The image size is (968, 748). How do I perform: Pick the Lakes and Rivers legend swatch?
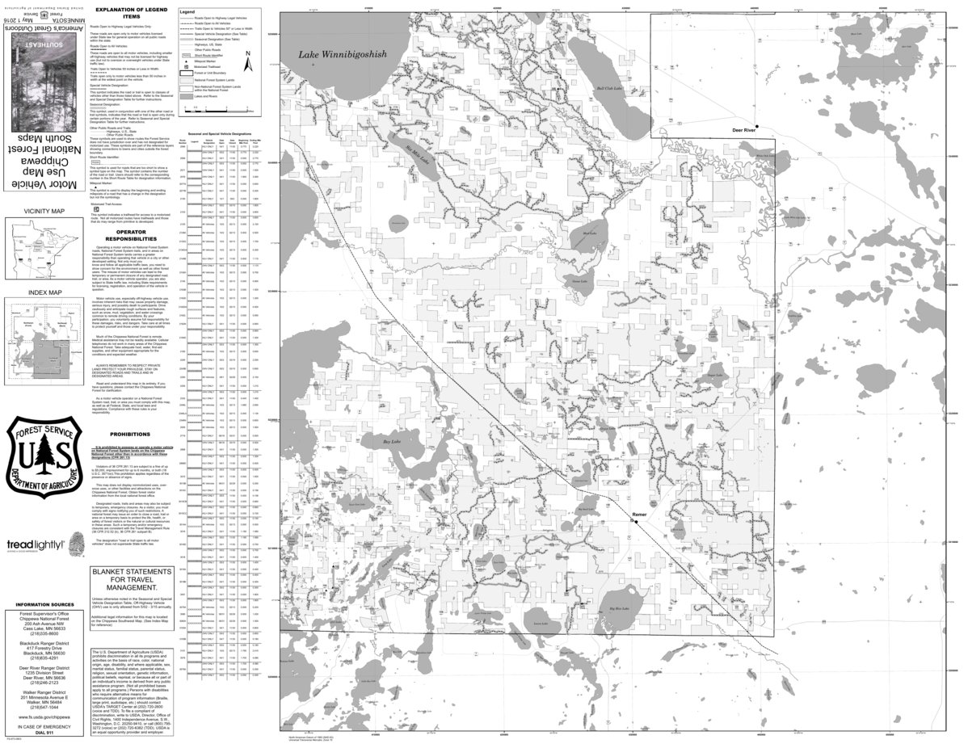pyautogui.click(x=186, y=95)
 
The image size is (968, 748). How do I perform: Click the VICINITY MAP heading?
pyautogui.click(x=45, y=212)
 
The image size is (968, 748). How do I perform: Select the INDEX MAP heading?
pyautogui.click(x=44, y=292)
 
